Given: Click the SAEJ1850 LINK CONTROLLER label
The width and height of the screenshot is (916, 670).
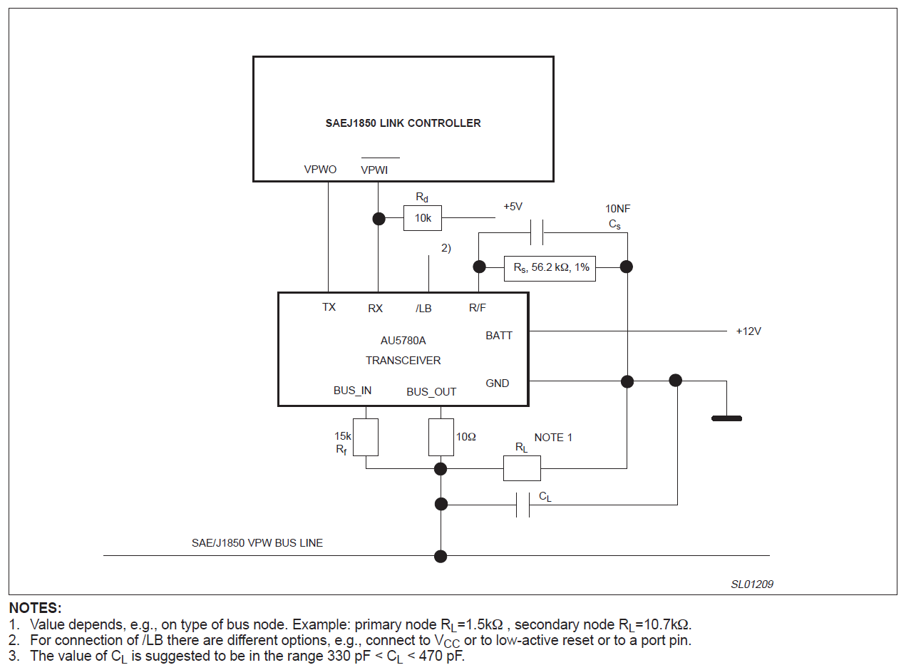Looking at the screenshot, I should coord(403,123).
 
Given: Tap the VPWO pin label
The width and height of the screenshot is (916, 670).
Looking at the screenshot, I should coord(320,170).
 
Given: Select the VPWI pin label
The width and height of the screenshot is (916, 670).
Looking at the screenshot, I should coord(374,170).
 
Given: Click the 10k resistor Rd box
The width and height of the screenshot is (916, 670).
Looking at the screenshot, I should coord(423,218).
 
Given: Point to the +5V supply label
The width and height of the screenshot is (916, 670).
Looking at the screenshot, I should coord(513,207).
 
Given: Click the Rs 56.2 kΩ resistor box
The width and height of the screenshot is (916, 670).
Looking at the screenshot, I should coord(550,267).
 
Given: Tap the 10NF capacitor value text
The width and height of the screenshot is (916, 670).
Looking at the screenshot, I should coord(617,209).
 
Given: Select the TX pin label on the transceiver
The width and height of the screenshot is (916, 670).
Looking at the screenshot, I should coord(329,307).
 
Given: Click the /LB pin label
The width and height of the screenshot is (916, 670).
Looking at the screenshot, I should coord(423,309).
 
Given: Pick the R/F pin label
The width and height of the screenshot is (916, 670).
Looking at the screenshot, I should coord(478,308).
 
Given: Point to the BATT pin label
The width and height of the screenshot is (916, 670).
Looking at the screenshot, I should coord(499,336).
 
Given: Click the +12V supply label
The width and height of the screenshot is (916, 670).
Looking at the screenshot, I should coord(748,331).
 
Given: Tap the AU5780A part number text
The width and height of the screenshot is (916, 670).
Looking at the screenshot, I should coord(403,341).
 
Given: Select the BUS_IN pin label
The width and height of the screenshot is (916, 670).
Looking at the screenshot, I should coord(352,391).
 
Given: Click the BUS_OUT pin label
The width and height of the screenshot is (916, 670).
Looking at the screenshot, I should coord(431,392).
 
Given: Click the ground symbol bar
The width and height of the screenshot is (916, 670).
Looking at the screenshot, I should coord(726,418).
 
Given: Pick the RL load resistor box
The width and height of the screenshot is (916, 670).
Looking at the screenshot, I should coord(522,468).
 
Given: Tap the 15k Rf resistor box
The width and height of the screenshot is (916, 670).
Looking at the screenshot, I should coord(366,438).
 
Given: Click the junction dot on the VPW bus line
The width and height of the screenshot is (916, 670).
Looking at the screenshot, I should coord(441,556).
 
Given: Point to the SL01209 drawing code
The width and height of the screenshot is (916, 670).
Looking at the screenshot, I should coord(752,584).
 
